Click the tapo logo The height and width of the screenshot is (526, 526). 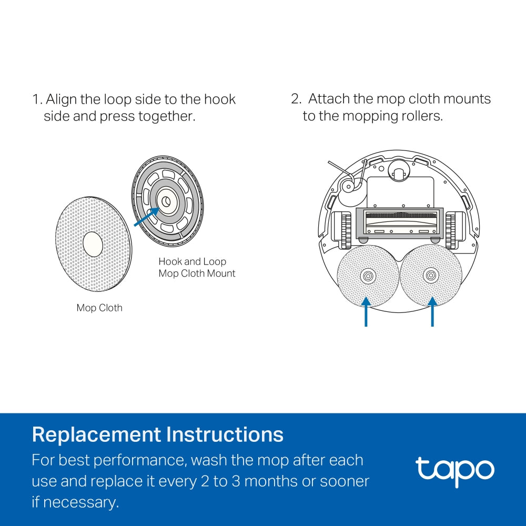click(x=454, y=470)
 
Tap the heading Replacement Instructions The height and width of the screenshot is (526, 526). click(x=157, y=435)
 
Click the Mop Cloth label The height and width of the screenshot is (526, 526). click(x=99, y=308)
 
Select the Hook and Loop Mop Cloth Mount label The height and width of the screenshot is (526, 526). click(x=197, y=267)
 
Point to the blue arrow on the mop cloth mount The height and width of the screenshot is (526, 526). click(x=146, y=217)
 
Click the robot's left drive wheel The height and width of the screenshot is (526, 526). click(x=345, y=229)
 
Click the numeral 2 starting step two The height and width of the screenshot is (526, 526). click(x=295, y=99)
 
